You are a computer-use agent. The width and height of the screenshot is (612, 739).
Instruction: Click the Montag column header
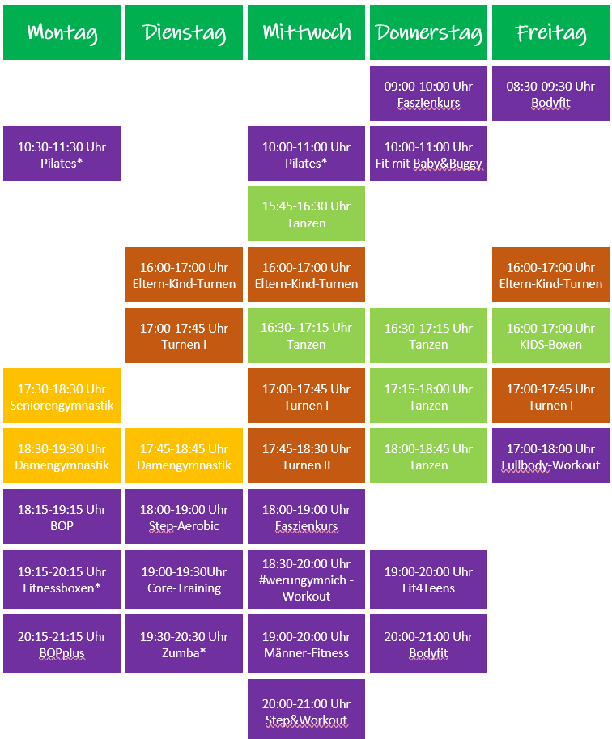[x=62, y=32]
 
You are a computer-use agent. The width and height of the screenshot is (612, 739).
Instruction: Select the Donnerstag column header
[x=428, y=32]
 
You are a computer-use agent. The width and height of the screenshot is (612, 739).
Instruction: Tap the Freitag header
[x=550, y=32]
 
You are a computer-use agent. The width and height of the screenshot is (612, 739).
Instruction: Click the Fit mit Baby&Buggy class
[x=428, y=154]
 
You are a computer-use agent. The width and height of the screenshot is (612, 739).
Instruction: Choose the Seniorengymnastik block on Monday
[x=62, y=396]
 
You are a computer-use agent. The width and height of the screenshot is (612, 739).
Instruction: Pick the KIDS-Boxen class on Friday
[x=550, y=335]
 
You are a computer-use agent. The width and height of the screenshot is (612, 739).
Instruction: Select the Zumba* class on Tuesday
[x=184, y=643]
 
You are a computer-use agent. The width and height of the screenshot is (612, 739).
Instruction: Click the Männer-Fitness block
[x=307, y=643]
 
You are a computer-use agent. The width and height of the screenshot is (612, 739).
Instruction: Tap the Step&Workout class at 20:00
[x=307, y=709]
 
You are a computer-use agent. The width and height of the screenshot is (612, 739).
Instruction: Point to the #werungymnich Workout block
[x=307, y=580]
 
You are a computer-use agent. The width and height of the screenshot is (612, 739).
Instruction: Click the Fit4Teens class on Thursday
[x=428, y=580]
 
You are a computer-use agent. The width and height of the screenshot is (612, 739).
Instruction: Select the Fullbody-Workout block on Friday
[x=550, y=456]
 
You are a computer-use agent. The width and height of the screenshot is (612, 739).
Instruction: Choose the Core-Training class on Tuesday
[x=184, y=580]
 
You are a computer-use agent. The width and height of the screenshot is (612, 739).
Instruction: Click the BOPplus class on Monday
[x=62, y=643]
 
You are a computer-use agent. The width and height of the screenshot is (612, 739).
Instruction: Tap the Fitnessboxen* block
[x=62, y=580]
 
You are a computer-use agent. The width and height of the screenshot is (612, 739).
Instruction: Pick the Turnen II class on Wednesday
[x=307, y=456]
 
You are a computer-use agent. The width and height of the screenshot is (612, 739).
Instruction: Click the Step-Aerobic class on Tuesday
[x=184, y=516]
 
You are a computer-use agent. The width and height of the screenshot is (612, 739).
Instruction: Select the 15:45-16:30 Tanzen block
[x=307, y=214]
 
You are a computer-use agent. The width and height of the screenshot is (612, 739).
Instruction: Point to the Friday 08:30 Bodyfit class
[x=550, y=93]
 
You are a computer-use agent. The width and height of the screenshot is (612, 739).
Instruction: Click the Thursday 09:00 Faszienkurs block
[x=428, y=93]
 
